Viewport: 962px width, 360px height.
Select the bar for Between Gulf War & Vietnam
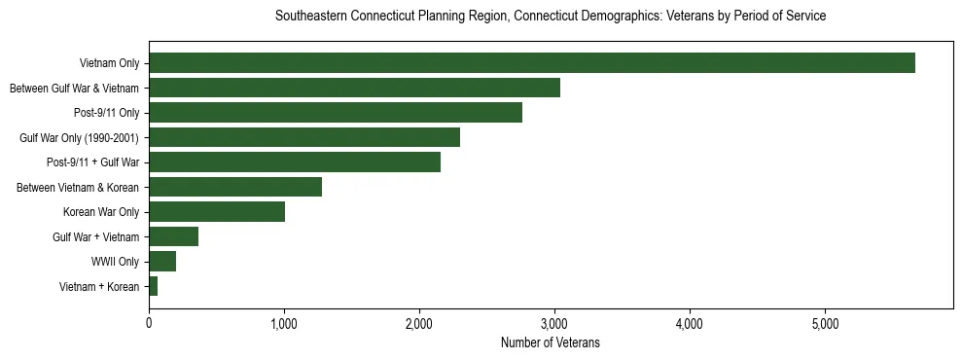click(354, 89)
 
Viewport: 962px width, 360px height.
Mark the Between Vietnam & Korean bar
click(235, 187)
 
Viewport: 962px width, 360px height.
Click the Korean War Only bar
click(217, 212)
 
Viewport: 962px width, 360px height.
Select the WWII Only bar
click(162, 261)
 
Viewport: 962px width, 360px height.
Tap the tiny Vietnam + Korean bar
click(153, 286)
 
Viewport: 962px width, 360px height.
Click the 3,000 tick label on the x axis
click(554, 323)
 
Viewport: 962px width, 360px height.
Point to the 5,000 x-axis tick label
click(825, 323)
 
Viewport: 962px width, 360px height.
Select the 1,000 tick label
click(284, 323)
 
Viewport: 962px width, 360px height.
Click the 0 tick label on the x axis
click(149, 323)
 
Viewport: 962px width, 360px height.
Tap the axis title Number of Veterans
click(550, 343)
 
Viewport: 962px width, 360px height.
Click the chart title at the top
click(550, 17)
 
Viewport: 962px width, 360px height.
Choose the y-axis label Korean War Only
click(101, 212)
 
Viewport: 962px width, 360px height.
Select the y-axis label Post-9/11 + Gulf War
click(93, 162)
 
